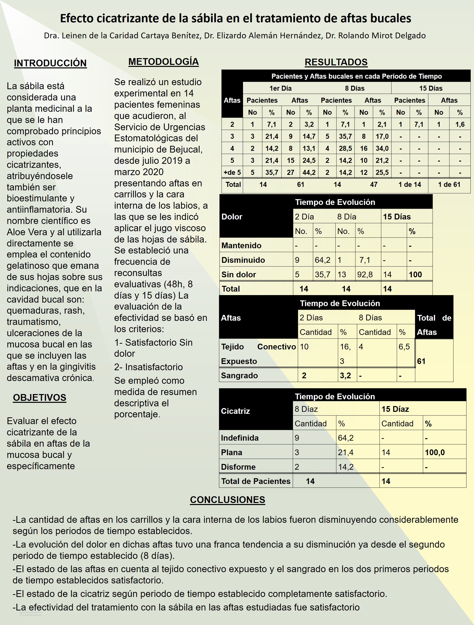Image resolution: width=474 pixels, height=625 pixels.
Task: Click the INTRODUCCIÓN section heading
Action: (50, 63)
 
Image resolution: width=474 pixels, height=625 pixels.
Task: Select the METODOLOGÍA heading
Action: (164, 62)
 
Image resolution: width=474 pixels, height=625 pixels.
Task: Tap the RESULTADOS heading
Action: (336, 62)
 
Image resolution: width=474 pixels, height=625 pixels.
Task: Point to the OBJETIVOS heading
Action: (40, 398)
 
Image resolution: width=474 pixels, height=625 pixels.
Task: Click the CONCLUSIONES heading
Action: (227, 499)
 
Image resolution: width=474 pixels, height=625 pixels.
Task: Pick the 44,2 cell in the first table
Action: (309, 172)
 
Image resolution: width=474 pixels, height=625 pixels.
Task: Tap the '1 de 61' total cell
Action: (449, 185)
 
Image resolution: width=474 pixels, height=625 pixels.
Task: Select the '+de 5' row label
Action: (232, 172)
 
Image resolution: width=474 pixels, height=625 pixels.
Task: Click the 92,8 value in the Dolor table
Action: (365, 274)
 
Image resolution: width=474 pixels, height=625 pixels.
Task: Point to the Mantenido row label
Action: (241, 245)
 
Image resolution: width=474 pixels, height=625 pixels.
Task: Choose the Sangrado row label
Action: (239, 376)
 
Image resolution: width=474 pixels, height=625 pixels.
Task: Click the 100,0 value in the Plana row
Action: (435, 452)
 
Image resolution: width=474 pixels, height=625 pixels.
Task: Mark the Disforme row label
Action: (238, 467)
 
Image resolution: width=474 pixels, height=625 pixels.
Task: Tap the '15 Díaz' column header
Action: (395, 409)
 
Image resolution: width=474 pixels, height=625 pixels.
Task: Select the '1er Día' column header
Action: (280, 88)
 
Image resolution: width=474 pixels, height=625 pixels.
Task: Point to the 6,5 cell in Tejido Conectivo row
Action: (404, 346)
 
